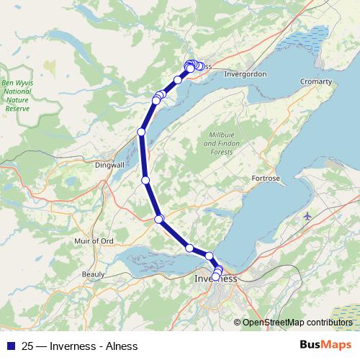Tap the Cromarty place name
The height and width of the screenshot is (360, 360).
pyautogui.click(x=315, y=82)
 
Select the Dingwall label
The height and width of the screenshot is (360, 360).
pyautogui.click(x=110, y=165)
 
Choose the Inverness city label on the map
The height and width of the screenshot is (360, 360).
pyautogui.click(x=216, y=279)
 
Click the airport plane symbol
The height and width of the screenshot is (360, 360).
pyautogui.click(x=309, y=216)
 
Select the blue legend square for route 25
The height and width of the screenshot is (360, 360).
pyautogui.click(x=10, y=346)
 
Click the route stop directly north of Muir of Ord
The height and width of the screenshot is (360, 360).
pyautogui.click(x=159, y=218)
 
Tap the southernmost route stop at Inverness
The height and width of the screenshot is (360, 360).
pyautogui.click(x=215, y=276)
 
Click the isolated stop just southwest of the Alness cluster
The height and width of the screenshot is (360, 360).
pyautogui.click(x=177, y=79)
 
